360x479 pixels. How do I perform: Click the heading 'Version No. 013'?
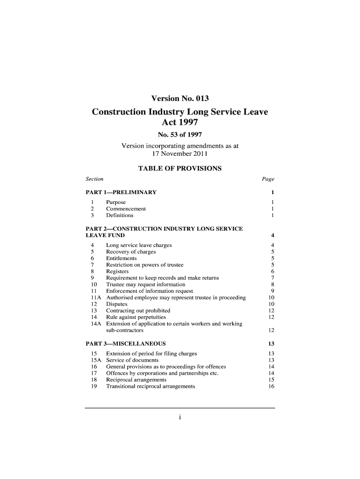(x=180, y=99)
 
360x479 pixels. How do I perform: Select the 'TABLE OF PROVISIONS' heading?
(x=180, y=168)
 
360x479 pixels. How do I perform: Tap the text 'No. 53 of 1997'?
(x=180, y=136)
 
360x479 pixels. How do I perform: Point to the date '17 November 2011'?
(x=180, y=153)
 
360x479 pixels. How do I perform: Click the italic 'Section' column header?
(x=95, y=179)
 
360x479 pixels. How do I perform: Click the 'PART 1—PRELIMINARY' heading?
(x=121, y=192)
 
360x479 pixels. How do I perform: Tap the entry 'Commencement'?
(x=126, y=209)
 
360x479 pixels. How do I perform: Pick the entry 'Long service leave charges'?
(x=139, y=245)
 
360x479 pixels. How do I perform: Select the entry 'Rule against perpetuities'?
(x=136, y=317)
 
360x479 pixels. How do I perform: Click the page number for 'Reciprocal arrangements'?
(x=271, y=380)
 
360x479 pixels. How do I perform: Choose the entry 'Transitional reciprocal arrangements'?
(x=151, y=386)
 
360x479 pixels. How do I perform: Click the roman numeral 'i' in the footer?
(x=180, y=418)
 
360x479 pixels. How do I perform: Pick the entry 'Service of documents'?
(x=132, y=360)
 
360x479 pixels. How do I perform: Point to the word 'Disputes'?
(x=117, y=304)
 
